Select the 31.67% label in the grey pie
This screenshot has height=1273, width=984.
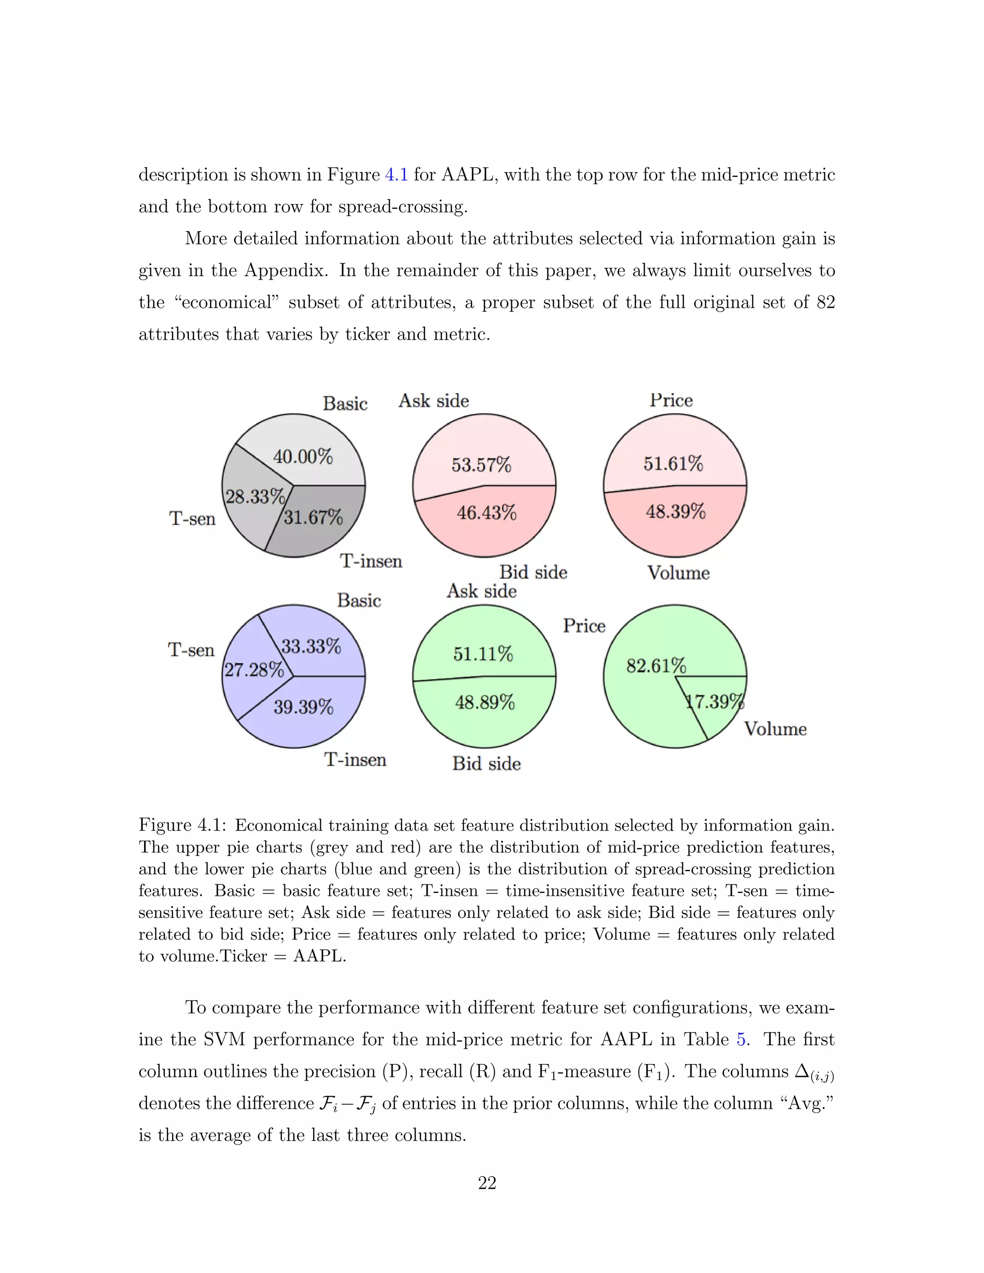click(x=313, y=517)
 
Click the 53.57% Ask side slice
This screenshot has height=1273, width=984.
click(x=481, y=465)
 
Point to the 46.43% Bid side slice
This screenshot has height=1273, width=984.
click(x=486, y=513)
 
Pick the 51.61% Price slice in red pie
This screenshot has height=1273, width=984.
click(x=673, y=464)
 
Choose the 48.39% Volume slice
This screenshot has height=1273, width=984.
click(x=676, y=512)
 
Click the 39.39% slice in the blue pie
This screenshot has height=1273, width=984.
click(x=303, y=707)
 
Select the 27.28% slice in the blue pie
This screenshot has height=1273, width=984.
click(x=254, y=670)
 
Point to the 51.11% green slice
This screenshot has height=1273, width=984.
click(x=483, y=654)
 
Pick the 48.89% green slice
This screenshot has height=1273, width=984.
click(x=485, y=702)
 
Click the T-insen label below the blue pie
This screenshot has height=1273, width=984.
click(x=355, y=759)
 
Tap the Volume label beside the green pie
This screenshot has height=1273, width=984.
click(x=775, y=729)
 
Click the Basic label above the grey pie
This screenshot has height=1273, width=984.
click(x=345, y=404)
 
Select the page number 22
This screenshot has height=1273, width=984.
click(x=487, y=1183)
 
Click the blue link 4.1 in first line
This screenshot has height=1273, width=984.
click(x=396, y=175)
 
